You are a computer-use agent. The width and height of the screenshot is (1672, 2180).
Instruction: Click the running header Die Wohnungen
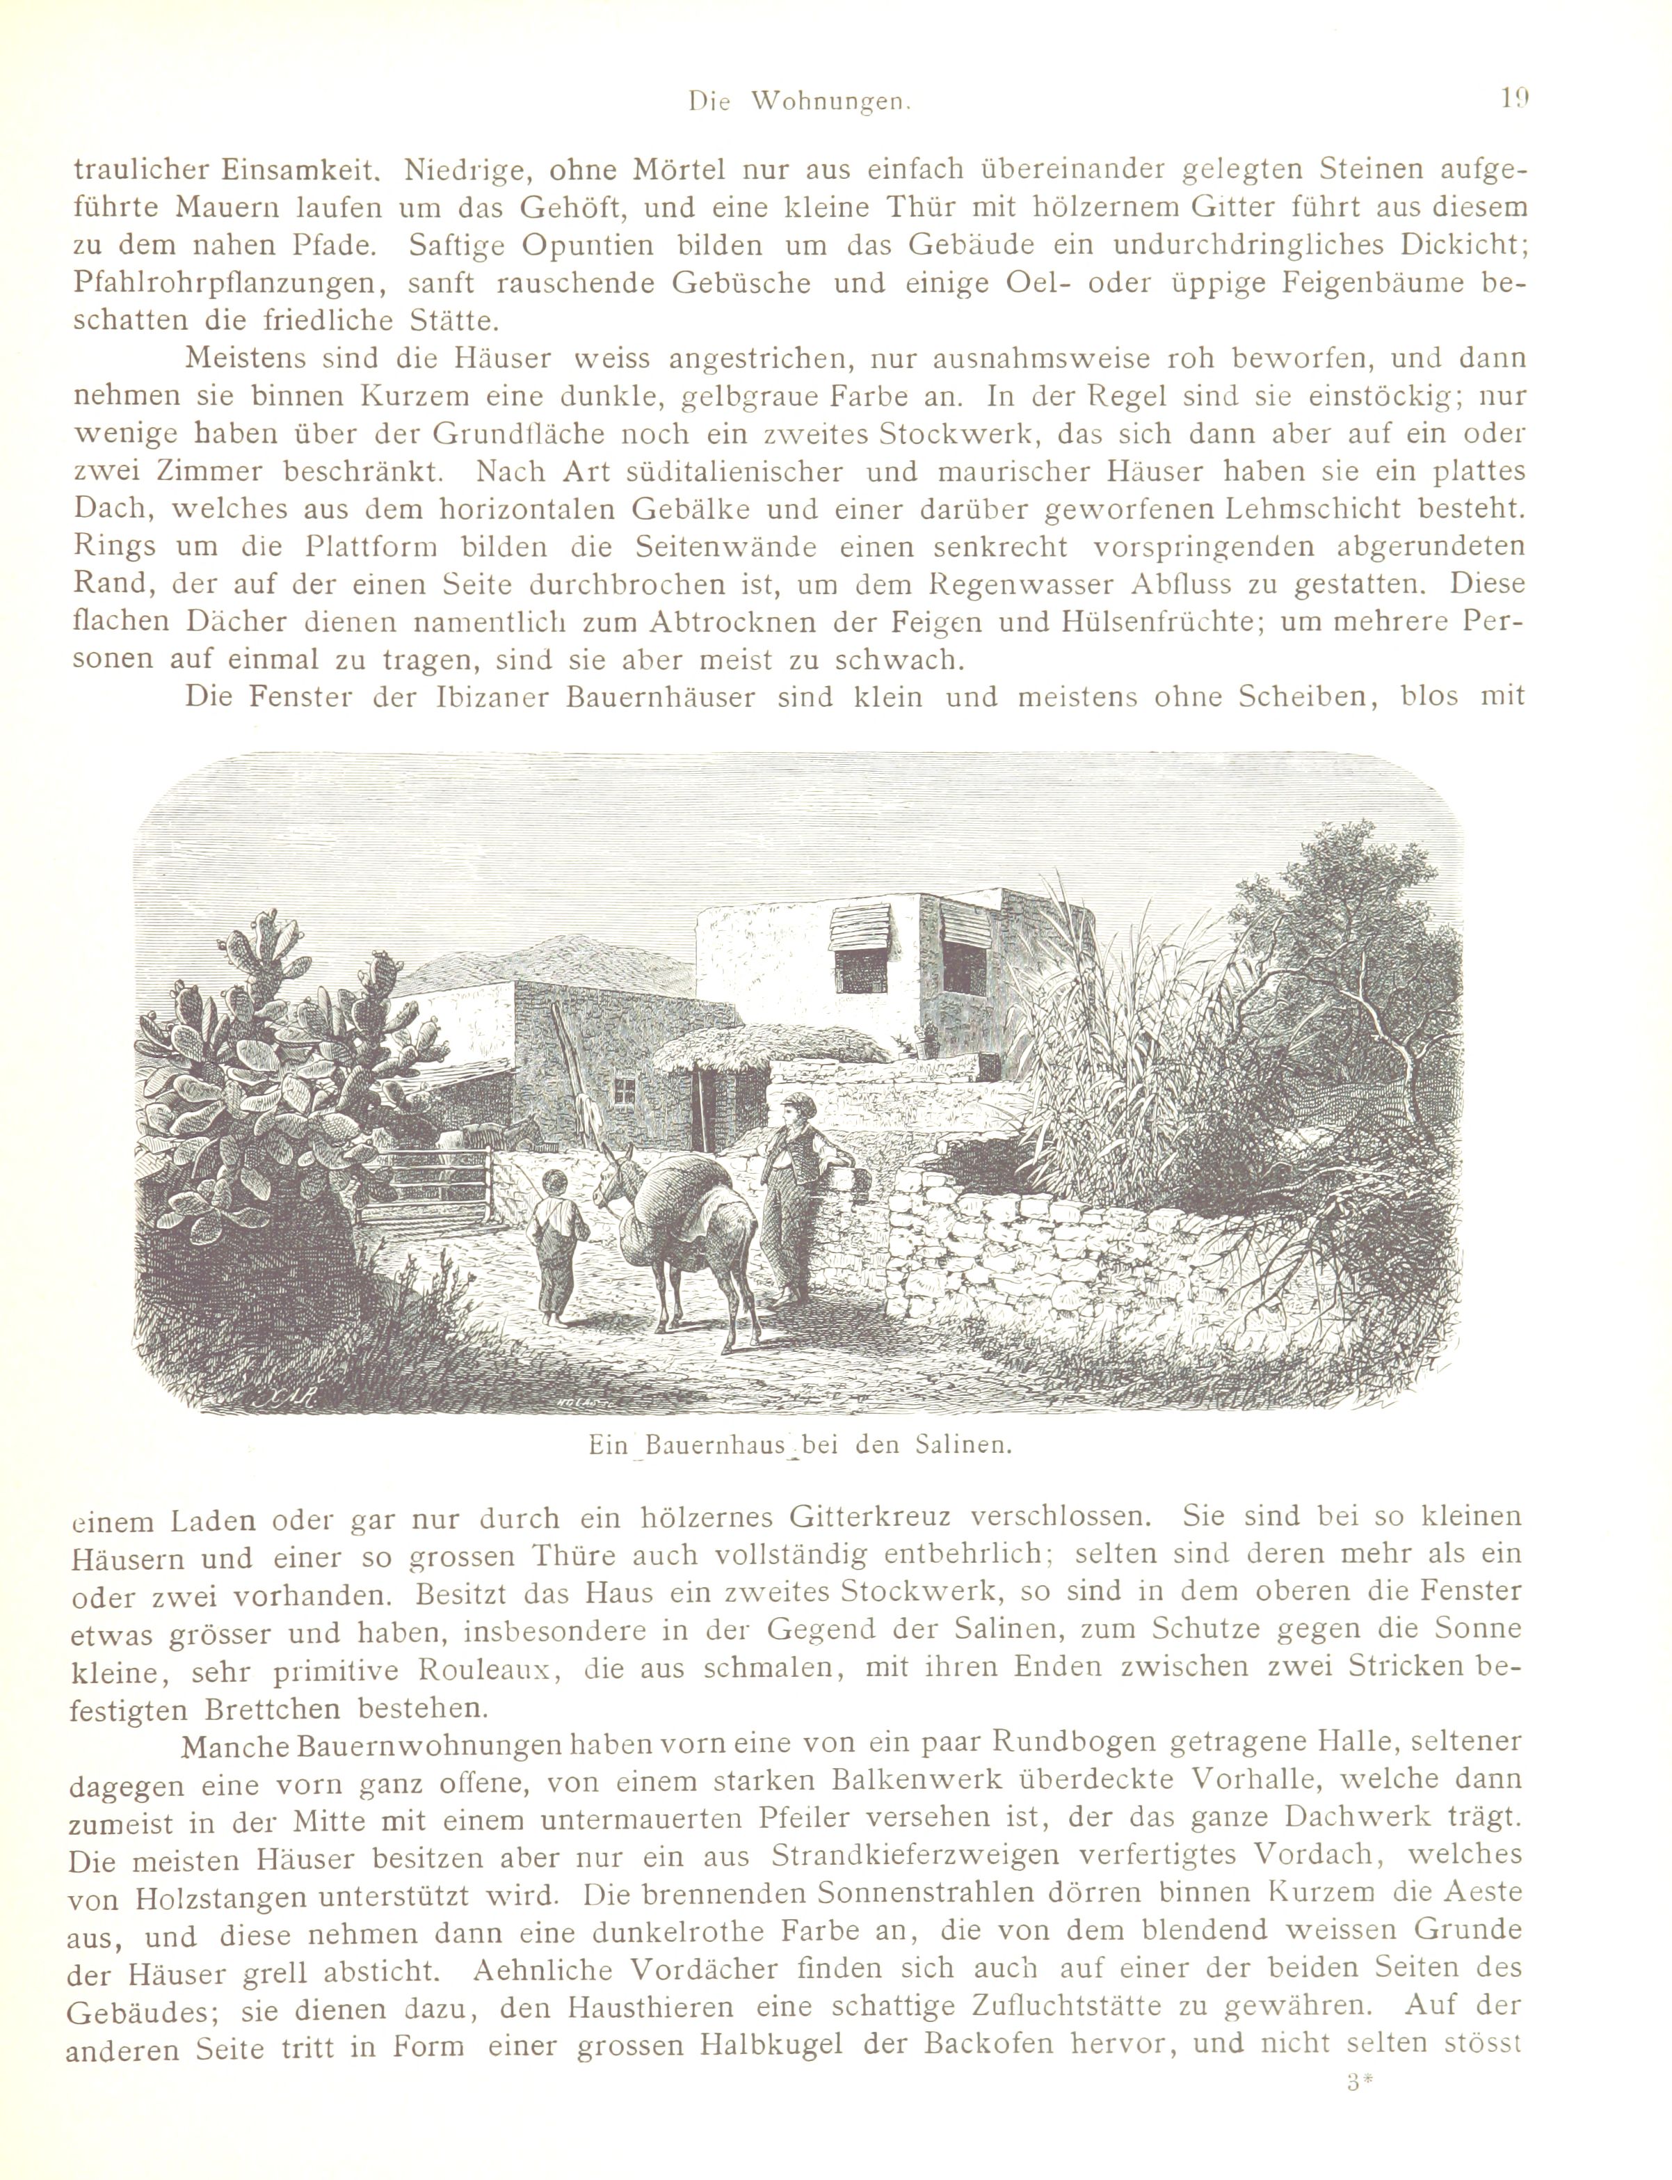pyautogui.click(x=801, y=102)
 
